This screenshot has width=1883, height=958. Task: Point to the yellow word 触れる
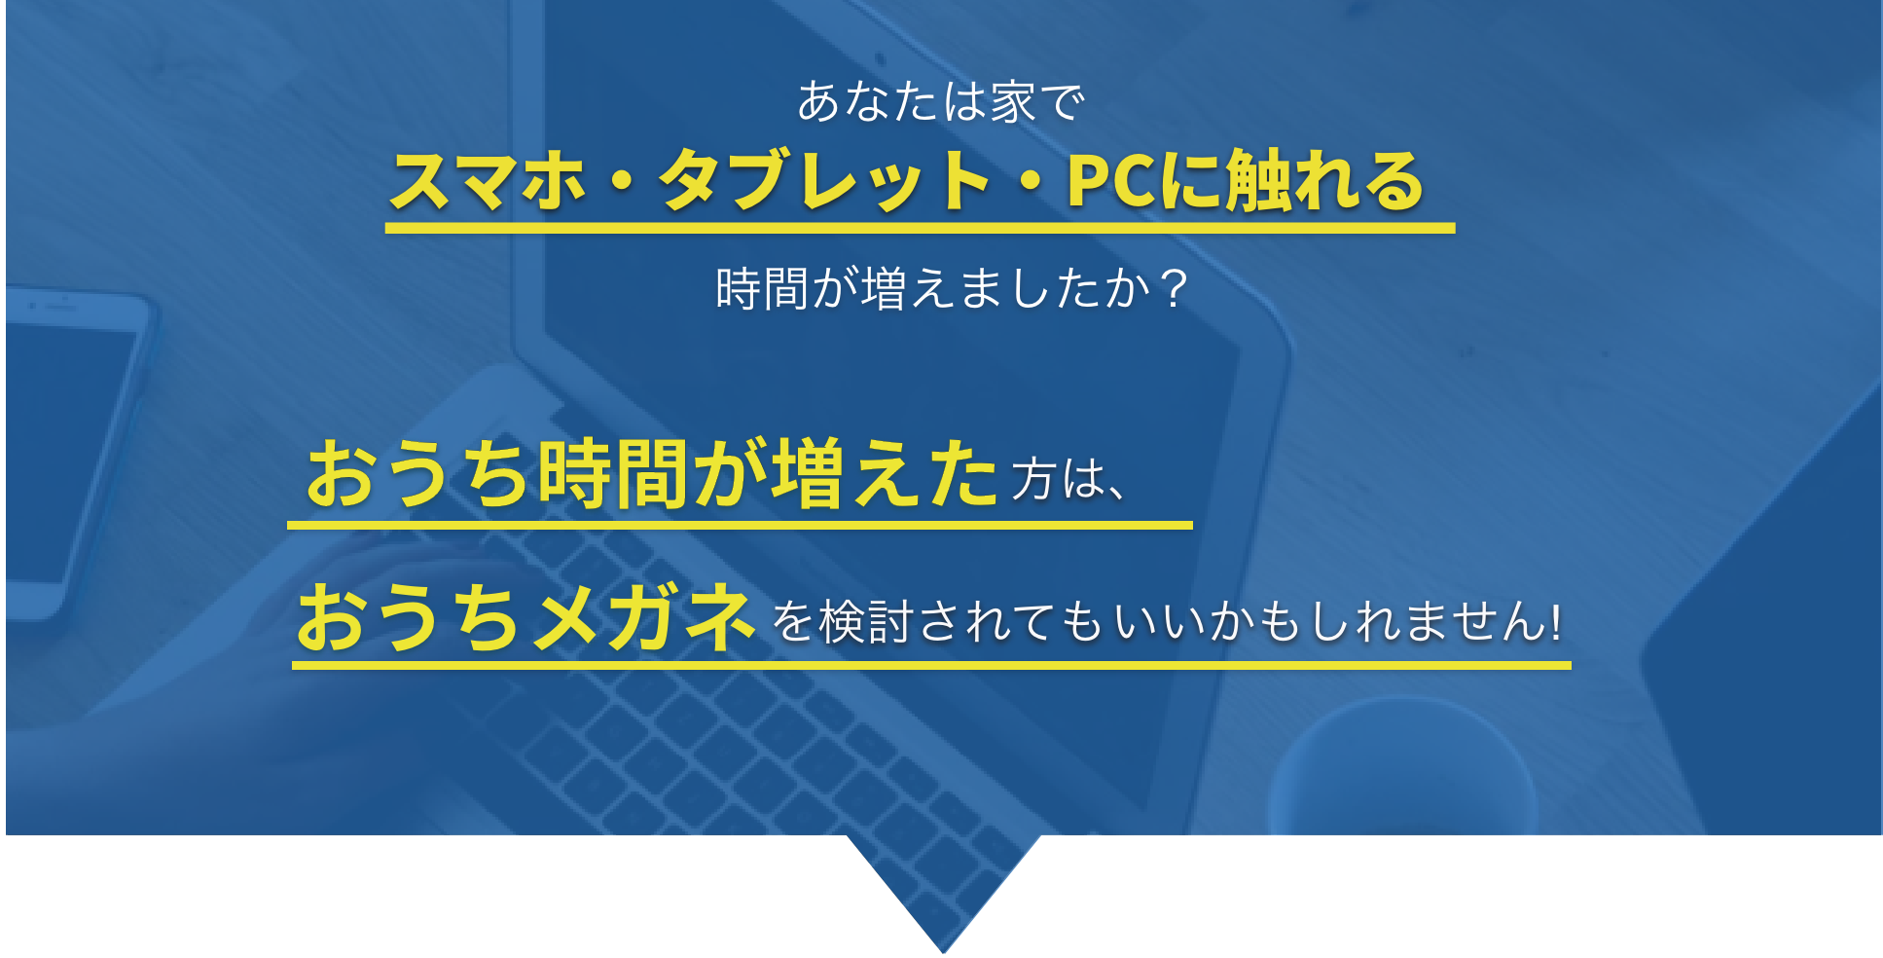(x=1323, y=182)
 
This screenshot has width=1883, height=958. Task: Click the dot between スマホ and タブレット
(x=623, y=183)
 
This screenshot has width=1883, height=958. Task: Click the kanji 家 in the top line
(x=1013, y=102)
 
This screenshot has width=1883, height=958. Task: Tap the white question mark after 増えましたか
(x=1175, y=289)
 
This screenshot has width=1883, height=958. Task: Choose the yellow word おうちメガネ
(x=525, y=619)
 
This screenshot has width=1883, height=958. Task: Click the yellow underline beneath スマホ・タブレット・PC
(x=920, y=229)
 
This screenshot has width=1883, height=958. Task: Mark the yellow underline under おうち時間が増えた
(x=740, y=525)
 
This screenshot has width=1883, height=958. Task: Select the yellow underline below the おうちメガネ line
(x=931, y=666)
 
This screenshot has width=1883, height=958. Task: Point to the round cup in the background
(x=1401, y=779)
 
